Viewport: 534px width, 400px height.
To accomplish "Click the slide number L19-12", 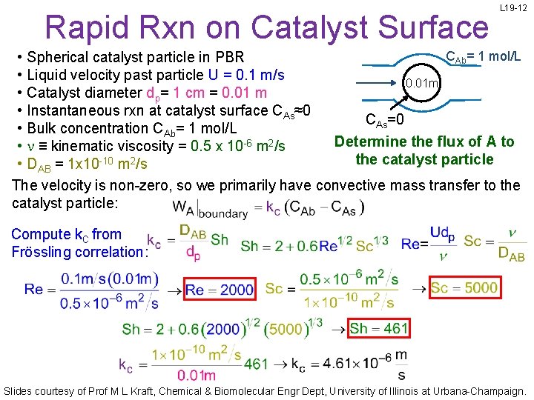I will click(x=513, y=8).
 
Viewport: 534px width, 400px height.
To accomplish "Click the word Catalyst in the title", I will click(x=314, y=27).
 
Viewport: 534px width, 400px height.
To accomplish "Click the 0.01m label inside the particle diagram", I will click(x=421, y=83).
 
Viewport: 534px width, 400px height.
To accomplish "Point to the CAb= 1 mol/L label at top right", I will click(x=481, y=57).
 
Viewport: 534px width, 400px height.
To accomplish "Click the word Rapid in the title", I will click(x=81, y=27).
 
